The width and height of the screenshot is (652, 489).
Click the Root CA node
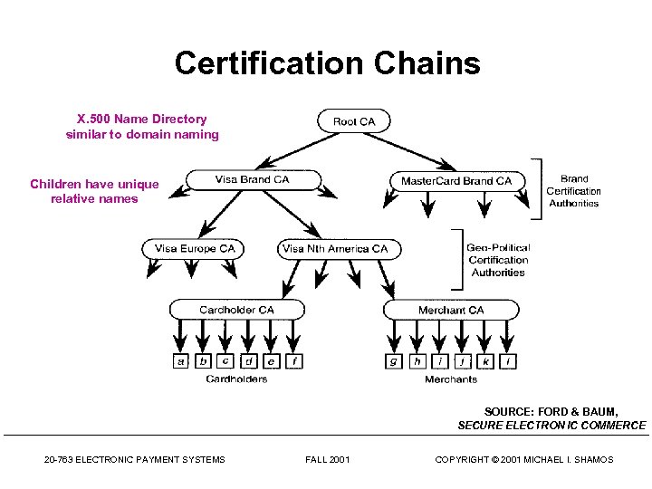354,121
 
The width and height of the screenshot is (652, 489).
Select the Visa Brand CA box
253,179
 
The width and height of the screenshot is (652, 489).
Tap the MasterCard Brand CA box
456,181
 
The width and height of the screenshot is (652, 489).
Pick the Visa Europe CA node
195,248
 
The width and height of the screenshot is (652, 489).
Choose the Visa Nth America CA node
335,248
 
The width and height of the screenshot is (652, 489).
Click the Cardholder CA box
236,310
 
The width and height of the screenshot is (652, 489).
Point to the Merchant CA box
451,310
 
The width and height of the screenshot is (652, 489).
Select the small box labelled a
181,361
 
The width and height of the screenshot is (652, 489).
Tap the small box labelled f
294,361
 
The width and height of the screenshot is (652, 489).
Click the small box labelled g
393,361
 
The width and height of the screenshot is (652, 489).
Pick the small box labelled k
486,361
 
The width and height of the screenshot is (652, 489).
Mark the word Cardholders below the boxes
236,379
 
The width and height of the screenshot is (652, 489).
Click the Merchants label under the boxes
451,379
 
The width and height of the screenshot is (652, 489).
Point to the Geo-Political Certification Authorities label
498,260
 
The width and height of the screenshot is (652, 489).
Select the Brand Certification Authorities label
573,191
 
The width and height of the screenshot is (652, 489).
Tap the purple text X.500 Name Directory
142,119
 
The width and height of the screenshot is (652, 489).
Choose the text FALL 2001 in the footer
328,460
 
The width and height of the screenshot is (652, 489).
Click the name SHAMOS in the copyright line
592,460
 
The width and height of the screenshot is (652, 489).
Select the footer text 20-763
59,460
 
